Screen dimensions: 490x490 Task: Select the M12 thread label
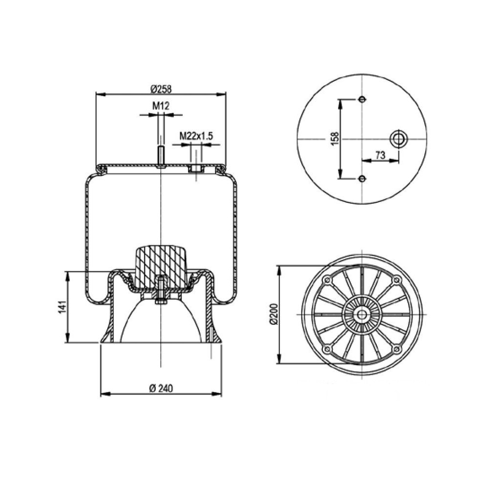[x=160, y=106]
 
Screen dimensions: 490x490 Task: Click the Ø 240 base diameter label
[x=160, y=388]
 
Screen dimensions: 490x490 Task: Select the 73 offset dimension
[x=379, y=155]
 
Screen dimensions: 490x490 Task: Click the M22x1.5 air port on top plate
[x=196, y=169]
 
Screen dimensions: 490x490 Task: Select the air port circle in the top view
[x=398, y=139]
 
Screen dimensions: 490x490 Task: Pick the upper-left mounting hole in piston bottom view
[x=326, y=280]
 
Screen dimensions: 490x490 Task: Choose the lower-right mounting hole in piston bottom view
[x=396, y=349]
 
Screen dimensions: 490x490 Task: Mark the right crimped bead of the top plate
[x=221, y=169]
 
